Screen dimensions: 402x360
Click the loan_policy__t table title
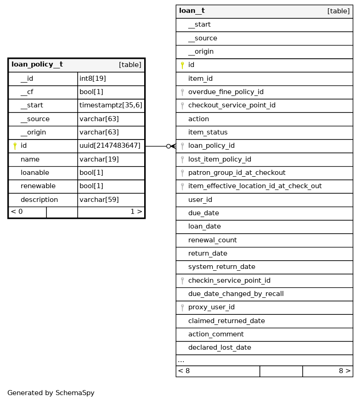(37, 65)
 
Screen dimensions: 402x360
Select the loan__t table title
(192, 11)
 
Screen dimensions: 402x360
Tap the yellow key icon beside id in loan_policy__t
(15, 146)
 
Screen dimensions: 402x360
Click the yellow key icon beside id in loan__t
(182, 65)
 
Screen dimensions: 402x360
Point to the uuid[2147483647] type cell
(110, 146)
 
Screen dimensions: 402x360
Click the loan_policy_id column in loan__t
(211, 146)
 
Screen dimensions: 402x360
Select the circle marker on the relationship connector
(169, 146)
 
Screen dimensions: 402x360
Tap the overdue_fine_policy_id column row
(225, 92)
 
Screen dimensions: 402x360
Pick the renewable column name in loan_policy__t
(38, 186)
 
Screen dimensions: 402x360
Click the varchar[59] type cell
(99, 200)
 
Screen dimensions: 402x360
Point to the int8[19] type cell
(93, 79)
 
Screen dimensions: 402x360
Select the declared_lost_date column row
(219, 348)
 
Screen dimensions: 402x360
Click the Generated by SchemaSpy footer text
(51, 393)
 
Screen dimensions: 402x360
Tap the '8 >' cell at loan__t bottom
(344, 371)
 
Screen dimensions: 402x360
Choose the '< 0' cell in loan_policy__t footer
(17, 212)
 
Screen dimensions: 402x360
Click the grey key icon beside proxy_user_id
(182, 307)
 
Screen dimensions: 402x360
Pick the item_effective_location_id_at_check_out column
(255, 186)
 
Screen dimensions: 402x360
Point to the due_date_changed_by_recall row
(236, 294)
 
